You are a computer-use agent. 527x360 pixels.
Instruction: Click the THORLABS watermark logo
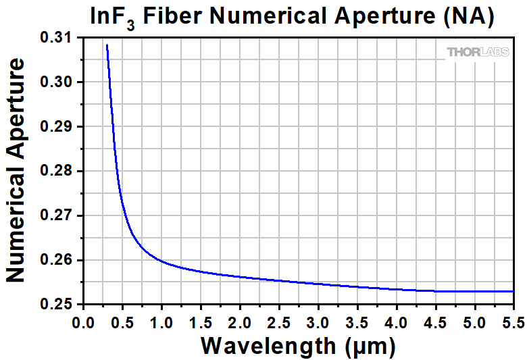(x=478, y=52)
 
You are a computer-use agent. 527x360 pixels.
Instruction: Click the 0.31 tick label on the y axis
(x=59, y=38)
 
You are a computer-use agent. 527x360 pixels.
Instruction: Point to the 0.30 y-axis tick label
(x=59, y=82)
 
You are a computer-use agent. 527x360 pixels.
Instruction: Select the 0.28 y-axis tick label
(x=59, y=172)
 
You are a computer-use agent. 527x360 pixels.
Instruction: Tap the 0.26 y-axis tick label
(x=59, y=261)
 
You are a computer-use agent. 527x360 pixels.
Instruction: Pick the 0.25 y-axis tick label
(x=59, y=305)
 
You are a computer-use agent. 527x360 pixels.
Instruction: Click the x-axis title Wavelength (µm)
(x=297, y=346)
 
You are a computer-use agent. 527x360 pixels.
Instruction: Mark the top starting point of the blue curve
(x=107, y=45)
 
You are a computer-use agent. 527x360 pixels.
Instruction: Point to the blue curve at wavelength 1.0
(x=161, y=261)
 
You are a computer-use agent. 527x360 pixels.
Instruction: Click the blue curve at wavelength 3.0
(x=318, y=283)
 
